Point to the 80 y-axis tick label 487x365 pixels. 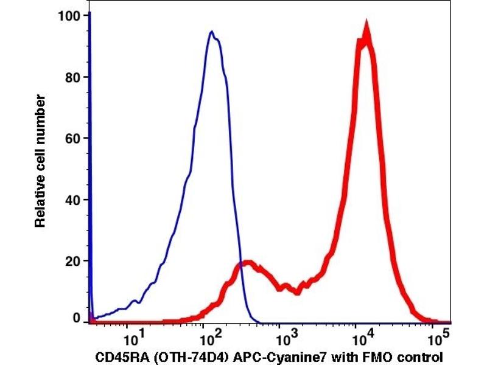pos(73,77)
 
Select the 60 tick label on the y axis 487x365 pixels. pos(73,138)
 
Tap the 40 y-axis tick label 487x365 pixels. pos(73,200)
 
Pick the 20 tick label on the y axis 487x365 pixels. pos(73,260)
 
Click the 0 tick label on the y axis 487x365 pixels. pos(77,318)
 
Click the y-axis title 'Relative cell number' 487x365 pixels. pos(41,161)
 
